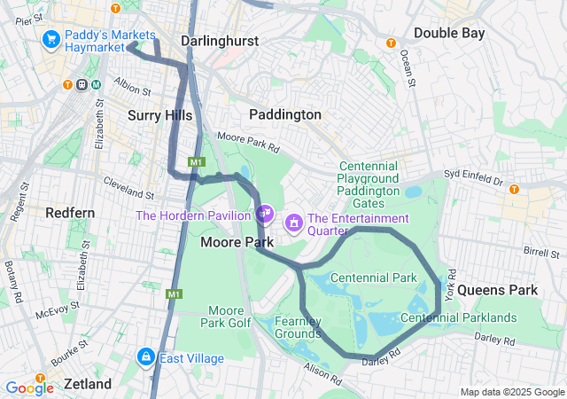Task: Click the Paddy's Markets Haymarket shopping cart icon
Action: pyautogui.click(x=50, y=39)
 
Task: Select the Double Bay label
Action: pyautogui.click(x=449, y=33)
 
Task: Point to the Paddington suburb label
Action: pyautogui.click(x=285, y=114)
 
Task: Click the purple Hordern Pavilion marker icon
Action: pyautogui.click(x=263, y=214)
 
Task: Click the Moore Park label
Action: pyautogui.click(x=229, y=241)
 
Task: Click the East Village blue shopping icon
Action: pyautogui.click(x=145, y=356)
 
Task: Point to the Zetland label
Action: pyautogui.click(x=87, y=384)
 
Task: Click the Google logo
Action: pyautogui.click(x=29, y=387)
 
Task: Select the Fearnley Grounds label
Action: pyautogui.click(x=297, y=328)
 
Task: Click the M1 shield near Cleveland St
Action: pyautogui.click(x=197, y=162)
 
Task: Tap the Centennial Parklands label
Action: pyautogui.click(x=458, y=317)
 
